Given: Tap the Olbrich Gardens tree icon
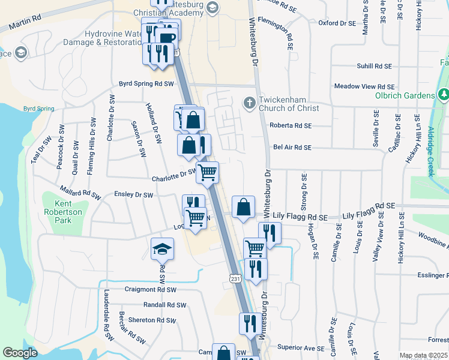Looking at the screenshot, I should coord(444,95).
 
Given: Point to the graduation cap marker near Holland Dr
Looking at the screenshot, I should coord(161,248).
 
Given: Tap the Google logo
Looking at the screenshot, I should coord(20,353).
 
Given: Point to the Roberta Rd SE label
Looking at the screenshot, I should coord(291,125).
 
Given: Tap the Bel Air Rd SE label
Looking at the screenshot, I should coord(292,147).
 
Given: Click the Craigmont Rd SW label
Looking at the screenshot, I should coord(150,289).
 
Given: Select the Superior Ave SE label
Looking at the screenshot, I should coord(301,347).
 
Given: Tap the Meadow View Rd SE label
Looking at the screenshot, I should coord(364,86).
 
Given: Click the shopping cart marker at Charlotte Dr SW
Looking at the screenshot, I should coord(208,172).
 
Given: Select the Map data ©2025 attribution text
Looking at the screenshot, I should coord(423,355).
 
